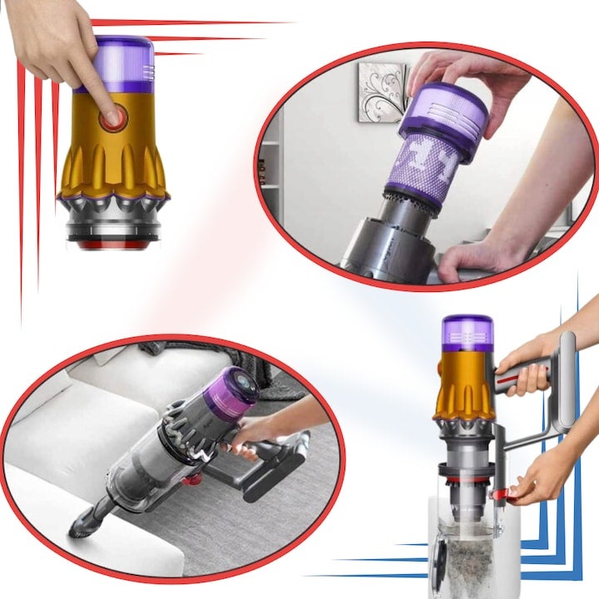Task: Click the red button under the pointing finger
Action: (x=110, y=120)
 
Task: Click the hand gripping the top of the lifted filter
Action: (x=466, y=83)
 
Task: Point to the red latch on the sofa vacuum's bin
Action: (x=190, y=478)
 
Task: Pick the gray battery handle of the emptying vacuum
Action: (x=567, y=391)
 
